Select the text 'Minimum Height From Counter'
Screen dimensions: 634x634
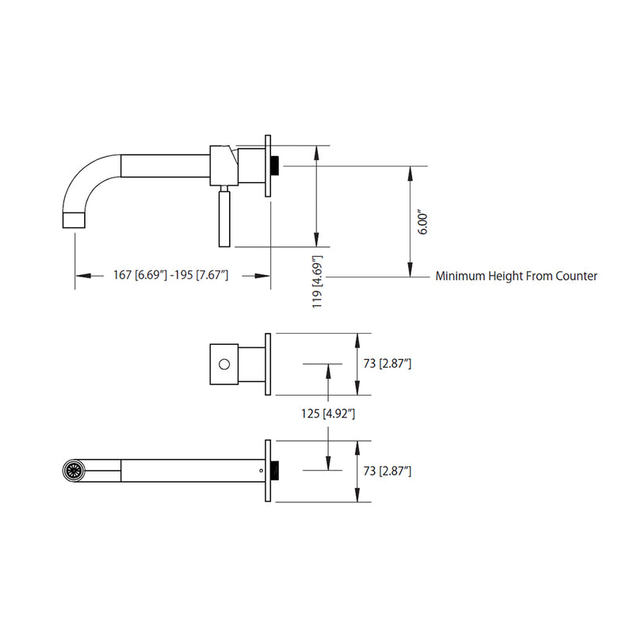(x=516, y=277)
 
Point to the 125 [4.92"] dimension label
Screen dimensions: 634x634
(x=328, y=413)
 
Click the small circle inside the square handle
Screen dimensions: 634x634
(x=224, y=365)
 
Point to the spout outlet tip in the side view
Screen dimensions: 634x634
(x=73, y=219)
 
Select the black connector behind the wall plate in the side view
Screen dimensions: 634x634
(x=276, y=166)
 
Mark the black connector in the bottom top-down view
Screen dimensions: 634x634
(x=276, y=471)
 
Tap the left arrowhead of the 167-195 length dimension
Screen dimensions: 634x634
(x=79, y=276)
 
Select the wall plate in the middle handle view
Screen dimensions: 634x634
(x=269, y=364)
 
